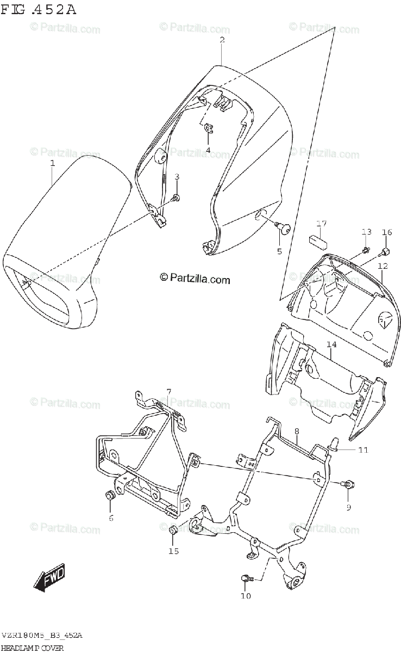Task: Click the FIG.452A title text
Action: [39, 9]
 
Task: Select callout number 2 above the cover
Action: [222, 40]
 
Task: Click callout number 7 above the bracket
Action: [168, 391]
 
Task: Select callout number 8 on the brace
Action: [297, 432]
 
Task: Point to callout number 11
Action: [362, 450]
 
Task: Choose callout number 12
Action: [383, 266]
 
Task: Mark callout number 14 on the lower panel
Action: [331, 344]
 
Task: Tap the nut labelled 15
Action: [172, 531]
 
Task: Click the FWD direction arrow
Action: [49, 577]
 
